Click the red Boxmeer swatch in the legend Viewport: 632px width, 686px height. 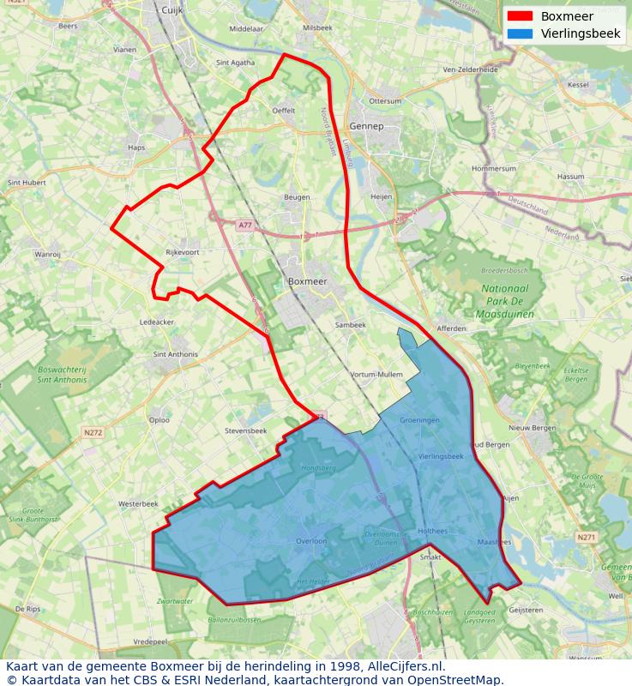[x=520, y=16]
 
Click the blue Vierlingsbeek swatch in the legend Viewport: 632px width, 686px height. [x=520, y=33]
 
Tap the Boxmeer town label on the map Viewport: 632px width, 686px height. [x=307, y=280]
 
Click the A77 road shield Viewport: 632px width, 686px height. [x=245, y=225]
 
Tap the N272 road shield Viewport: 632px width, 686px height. [x=93, y=433]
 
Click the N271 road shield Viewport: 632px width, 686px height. [x=586, y=538]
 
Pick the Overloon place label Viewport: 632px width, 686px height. [x=311, y=541]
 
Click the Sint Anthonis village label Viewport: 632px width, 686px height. [x=175, y=353]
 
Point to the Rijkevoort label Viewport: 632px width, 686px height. [x=182, y=252]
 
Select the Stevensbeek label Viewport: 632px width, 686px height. [x=245, y=430]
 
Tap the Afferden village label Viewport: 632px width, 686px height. [x=451, y=328]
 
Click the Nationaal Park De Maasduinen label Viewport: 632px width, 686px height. [x=503, y=301]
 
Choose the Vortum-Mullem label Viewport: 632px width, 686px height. [x=376, y=375]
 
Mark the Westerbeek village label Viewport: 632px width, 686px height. [x=138, y=503]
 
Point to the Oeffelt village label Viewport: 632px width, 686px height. [x=283, y=111]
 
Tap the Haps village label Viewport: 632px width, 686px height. [x=136, y=147]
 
